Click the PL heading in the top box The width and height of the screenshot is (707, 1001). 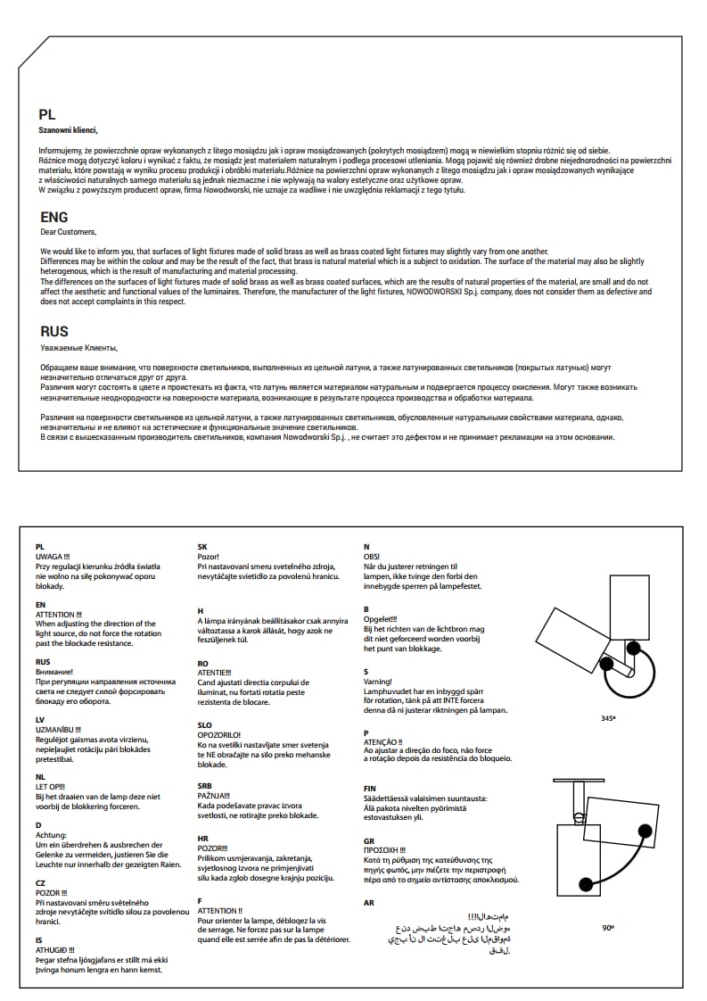(x=47, y=114)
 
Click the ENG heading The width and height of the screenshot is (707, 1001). (x=54, y=217)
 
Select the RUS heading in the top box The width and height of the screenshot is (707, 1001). (x=54, y=331)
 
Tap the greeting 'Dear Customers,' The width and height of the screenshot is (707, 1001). (x=68, y=232)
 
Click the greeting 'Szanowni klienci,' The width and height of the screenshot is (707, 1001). (x=69, y=130)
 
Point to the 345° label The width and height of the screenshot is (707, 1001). (x=609, y=718)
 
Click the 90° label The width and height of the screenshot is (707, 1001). (x=608, y=928)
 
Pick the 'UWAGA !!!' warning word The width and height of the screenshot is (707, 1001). (x=53, y=556)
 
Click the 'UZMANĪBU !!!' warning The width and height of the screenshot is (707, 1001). (x=58, y=729)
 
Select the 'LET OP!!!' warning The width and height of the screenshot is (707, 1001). (x=51, y=786)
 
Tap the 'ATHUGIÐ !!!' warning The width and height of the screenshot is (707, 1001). (x=54, y=950)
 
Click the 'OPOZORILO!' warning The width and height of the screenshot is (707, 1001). (x=219, y=734)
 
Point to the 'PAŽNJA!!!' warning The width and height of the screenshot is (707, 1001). (x=214, y=795)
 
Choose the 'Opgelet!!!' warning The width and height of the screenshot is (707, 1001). (x=381, y=619)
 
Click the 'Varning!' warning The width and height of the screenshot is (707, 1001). (x=378, y=682)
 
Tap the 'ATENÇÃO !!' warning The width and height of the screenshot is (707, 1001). (x=383, y=741)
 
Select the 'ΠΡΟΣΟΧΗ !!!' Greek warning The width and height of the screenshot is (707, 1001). (x=385, y=850)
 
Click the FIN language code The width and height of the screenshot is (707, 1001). (x=370, y=789)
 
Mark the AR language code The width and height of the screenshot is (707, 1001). (x=369, y=903)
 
